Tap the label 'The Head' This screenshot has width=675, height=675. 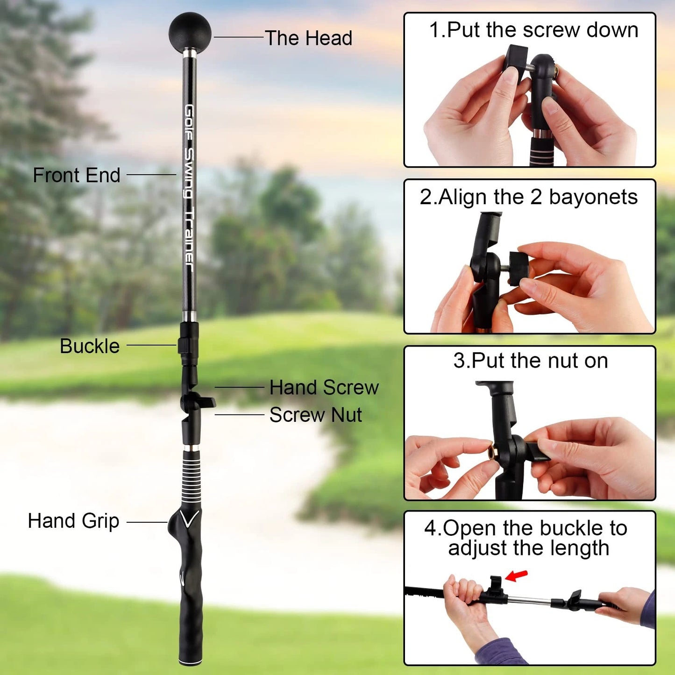click(x=308, y=38)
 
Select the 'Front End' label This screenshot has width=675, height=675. click(x=77, y=175)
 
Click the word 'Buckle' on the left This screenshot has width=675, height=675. click(x=90, y=346)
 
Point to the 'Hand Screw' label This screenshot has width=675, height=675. click(x=324, y=387)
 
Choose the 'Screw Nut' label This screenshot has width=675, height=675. click(x=315, y=415)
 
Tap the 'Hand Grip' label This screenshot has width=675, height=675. click(x=73, y=521)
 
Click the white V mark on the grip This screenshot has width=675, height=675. click(x=190, y=519)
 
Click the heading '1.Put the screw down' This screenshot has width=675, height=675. click(x=533, y=30)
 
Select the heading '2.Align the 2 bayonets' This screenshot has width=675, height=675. click(x=528, y=197)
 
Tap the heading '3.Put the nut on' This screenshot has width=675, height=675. click(x=531, y=361)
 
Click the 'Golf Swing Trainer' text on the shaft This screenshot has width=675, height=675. click(x=189, y=187)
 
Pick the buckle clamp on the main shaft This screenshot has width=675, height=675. click(x=188, y=345)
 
